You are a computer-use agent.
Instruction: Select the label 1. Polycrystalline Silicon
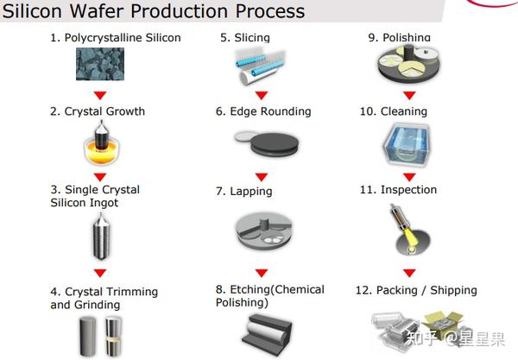pos(115,38)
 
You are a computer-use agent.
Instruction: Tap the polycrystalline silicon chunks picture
pos(100,64)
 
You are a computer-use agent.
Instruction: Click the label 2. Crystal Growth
pos(98,111)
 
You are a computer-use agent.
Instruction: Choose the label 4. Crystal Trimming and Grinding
pos(104,298)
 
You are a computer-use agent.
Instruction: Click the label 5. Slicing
pos(245,38)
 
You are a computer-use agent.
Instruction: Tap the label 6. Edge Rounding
pos(263,111)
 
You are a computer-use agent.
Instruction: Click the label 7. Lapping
pos(244,191)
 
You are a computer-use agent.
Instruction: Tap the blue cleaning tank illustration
pos(408,144)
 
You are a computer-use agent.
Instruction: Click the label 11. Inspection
pos(398,190)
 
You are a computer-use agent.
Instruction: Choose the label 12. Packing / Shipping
pos(415,290)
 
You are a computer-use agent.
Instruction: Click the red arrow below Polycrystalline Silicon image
pos(100,94)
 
